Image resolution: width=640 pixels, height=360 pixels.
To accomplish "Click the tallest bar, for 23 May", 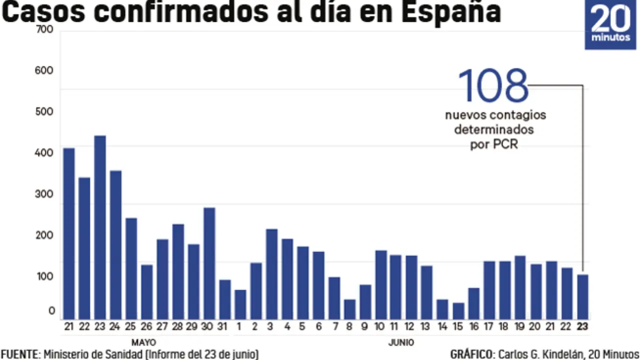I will click(100, 227).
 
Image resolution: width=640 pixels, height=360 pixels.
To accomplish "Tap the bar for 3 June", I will click(271, 274).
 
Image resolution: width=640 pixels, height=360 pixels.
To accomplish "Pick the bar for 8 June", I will click(350, 309).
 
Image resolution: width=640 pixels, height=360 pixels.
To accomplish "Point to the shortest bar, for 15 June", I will click(458, 311).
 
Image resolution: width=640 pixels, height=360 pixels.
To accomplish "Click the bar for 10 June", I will click(381, 285).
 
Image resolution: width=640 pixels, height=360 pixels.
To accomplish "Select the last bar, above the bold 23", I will click(583, 297).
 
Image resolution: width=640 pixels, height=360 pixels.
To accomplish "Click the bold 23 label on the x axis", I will click(582, 326).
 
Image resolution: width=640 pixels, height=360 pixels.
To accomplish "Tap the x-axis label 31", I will click(224, 326).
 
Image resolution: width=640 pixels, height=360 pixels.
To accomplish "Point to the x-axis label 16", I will click(474, 326).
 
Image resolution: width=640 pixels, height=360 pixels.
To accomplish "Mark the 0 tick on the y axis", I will click(51, 311).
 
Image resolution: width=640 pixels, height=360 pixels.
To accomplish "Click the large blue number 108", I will click(493, 86).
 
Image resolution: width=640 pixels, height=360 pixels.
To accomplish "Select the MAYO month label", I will click(143, 342).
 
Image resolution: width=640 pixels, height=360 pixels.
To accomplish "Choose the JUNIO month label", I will click(401, 342).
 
